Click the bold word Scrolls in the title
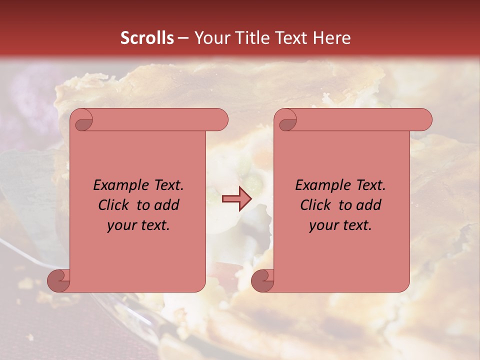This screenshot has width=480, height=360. (x=147, y=38)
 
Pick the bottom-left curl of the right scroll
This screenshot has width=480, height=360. (x=263, y=280)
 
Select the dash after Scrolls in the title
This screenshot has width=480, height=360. (x=183, y=38)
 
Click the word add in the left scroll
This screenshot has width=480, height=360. (x=166, y=205)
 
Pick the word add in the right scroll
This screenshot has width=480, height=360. (x=368, y=205)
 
